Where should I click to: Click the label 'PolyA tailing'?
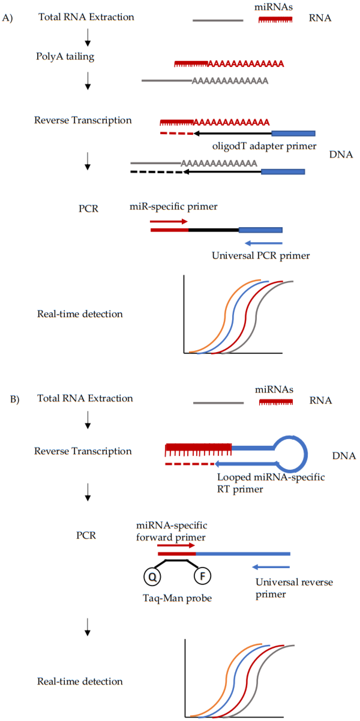[65, 57]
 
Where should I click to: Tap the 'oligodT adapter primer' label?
[264, 146]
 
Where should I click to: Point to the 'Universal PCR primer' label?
[261, 256]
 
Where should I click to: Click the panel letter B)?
[15, 399]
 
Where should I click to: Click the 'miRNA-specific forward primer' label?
[171, 531]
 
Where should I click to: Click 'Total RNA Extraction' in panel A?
[86, 17]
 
